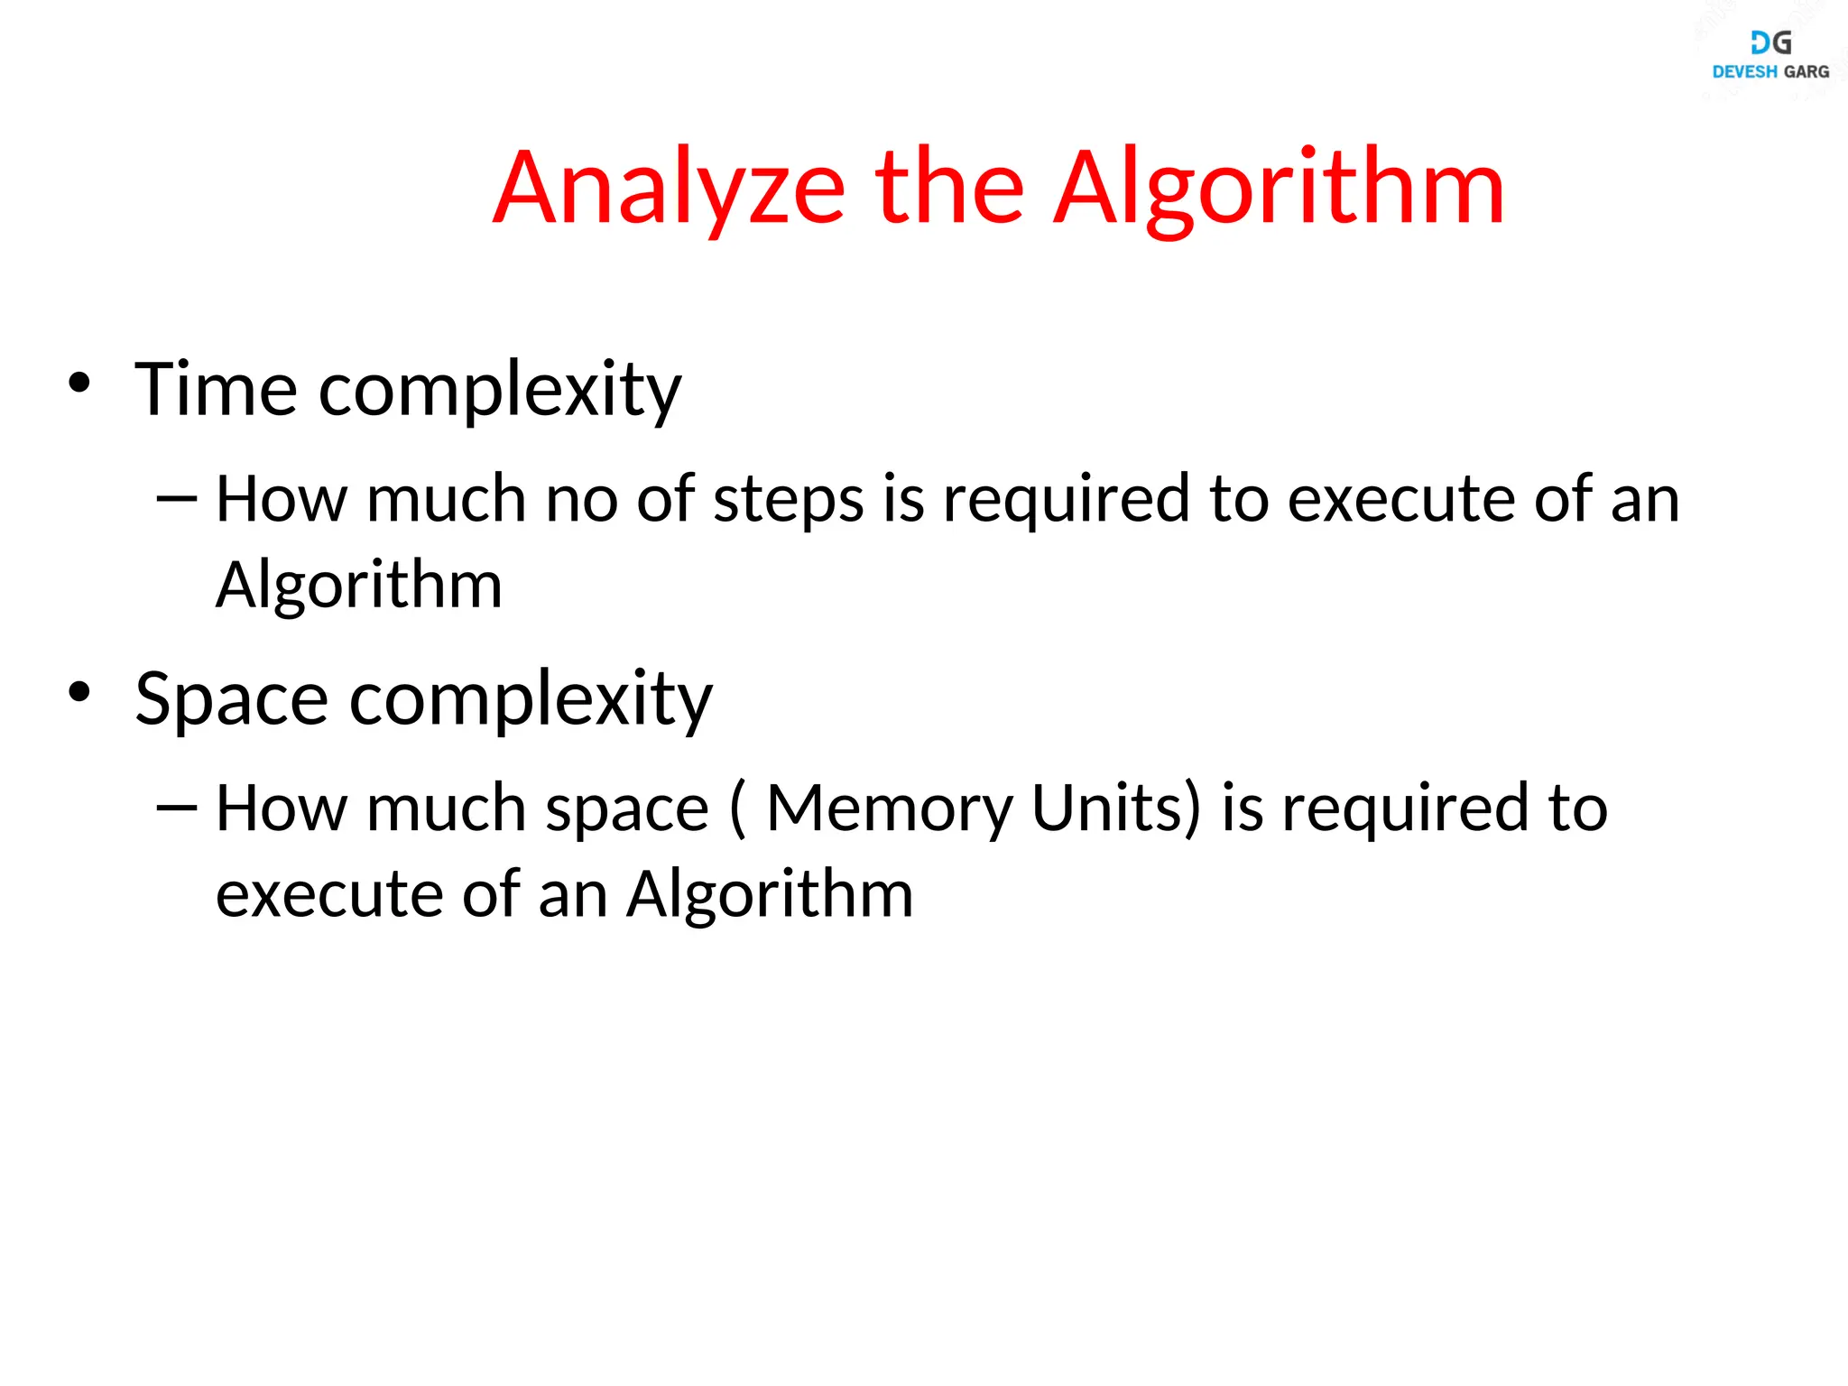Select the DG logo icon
point(1770,42)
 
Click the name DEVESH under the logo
point(1744,72)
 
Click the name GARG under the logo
point(1806,72)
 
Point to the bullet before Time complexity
point(79,383)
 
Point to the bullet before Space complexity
point(79,692)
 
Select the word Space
point(231,698)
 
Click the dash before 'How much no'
point(176,497)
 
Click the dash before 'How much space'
point(176,807)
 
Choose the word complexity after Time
point(500,391)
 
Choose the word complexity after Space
point(531,700)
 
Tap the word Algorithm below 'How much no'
point(358,586)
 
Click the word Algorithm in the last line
point(770,894)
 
